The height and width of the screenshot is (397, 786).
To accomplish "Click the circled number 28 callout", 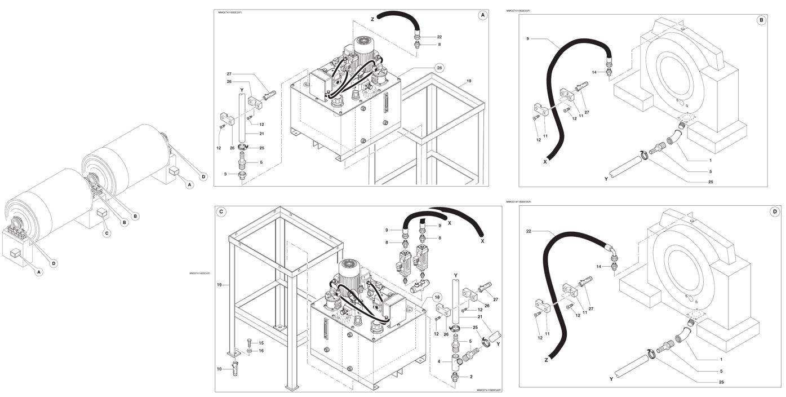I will pos(439,68).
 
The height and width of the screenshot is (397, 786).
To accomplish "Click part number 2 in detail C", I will pos(471,376).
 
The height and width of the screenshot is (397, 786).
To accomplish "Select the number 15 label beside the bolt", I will pos(261,343).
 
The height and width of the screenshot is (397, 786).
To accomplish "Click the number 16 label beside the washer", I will pos(261,351).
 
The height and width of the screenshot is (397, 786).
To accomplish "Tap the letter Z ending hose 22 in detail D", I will pos(546,359).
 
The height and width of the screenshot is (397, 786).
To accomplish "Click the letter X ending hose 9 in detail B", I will pos(545,161).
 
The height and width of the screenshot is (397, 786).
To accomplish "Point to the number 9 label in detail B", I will pos(528,39).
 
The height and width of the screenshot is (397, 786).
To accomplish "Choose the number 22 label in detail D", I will pos(529,231).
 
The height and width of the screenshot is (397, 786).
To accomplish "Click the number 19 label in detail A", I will pos(469,81).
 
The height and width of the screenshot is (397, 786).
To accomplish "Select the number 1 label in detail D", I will pos(721,359).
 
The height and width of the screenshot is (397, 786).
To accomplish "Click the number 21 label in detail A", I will pos(262,134).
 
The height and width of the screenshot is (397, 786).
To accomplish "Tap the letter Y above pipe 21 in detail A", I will pos(241,90).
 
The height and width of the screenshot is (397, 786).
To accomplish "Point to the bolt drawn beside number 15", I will pos(248,342).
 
